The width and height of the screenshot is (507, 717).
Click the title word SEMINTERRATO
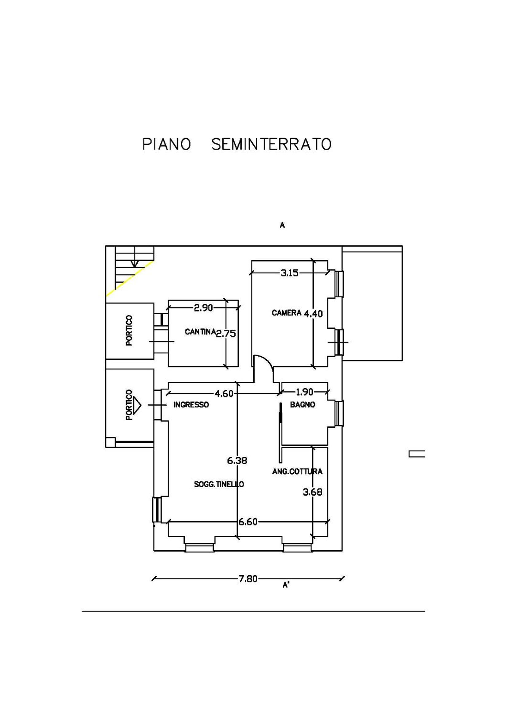tap(271, 145)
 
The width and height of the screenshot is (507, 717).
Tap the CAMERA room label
tap(286, 313)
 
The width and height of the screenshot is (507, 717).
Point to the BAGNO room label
tap(302, 405)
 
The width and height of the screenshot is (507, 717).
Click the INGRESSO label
tap(191, 405)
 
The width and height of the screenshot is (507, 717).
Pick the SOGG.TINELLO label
tap(219, 484)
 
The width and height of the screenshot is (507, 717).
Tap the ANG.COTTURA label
tap(297, 472)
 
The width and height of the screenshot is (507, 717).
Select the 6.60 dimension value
tap(248, 522)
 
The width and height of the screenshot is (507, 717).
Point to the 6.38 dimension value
tap(237, 460)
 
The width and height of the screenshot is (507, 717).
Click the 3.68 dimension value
tap(313, 492)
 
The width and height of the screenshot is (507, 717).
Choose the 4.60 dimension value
tap(224, 394)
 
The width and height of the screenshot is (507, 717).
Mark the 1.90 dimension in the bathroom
tap(304, 392)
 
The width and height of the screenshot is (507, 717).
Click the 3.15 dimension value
tap(289, 273)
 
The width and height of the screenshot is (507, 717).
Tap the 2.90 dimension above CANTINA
tap(203, 308)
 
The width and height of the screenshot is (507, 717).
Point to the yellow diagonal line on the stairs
tap(130, 278)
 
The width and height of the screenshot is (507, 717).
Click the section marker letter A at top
tap(282, 225)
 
